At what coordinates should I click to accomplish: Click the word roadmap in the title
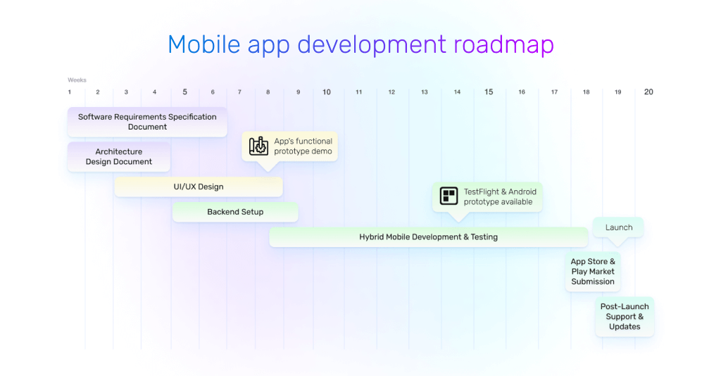tap(503, 44)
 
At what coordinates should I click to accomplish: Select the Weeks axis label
tap(77, 80)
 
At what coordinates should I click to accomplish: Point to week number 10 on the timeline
tap(327, 92)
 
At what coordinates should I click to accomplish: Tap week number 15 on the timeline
tap(489, 92)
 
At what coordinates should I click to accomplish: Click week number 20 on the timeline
tap(648, 92)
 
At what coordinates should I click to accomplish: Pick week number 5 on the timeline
tap(185, 92)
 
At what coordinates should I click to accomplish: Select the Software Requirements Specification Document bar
tap(147, 122)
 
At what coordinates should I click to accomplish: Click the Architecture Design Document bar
tap(118, 157)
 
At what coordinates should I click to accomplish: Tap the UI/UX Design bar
tap(199, 187)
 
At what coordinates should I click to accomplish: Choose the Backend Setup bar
tap(235, 212)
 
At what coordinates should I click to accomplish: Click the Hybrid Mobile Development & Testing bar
tap(429, 237)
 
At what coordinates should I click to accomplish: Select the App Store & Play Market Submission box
tap(593, 272)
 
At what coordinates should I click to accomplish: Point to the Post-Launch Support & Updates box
tap(625, 317)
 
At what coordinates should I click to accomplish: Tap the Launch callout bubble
tap(618, 227)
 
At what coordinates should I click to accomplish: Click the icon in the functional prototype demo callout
tap(258, 146)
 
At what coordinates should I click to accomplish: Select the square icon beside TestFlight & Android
tap(449, 196)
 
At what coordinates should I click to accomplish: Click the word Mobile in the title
tap(203, 44)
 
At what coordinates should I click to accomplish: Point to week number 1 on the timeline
tap(70, 92)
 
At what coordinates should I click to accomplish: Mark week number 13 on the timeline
tap(425, 92)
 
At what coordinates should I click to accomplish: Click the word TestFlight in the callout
tap(481, 192)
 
